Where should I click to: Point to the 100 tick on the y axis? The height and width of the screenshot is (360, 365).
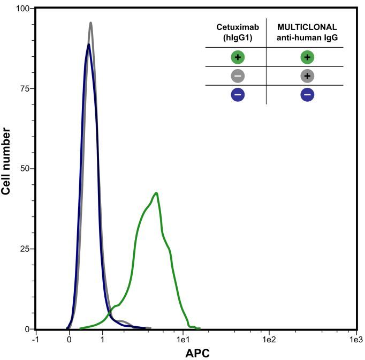point(22,9)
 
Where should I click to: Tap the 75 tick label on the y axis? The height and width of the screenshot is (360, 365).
point(24,88)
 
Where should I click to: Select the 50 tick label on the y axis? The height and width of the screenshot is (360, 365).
point(24,169)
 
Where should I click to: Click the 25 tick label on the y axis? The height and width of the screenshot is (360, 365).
point(24,249)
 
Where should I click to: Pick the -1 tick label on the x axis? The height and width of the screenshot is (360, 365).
point(35,339)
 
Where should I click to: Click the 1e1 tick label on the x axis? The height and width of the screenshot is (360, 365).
point(184,339)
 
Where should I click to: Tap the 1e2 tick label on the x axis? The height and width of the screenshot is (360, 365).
point(269,339)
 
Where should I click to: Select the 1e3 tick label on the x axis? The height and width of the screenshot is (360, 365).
point(355,339)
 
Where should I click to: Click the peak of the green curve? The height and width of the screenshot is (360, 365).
point(156,193)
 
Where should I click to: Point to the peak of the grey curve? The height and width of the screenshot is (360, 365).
point(91,22)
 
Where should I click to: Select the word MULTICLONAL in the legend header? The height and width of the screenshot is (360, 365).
point(307,27)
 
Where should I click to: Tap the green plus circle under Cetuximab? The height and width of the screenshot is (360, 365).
point(238,57)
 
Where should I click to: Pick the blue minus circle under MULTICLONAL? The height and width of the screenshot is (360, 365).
point(307,95)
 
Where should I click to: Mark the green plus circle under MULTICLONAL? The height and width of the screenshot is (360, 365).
point(307,57)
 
